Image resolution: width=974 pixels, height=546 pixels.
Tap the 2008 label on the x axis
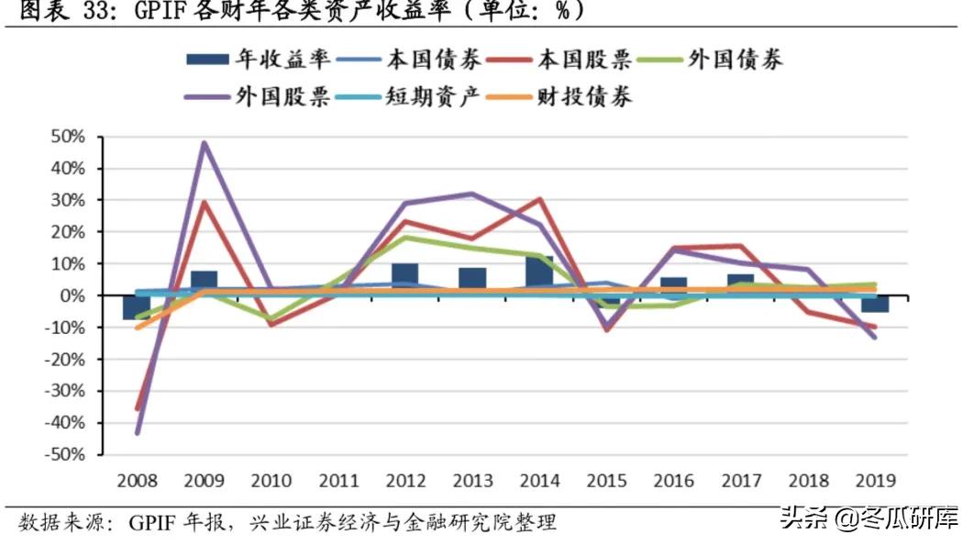click(137, 481)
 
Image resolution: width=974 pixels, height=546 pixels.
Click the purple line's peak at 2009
click(204, 142)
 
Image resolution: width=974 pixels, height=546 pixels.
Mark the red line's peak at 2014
click(539, 199)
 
